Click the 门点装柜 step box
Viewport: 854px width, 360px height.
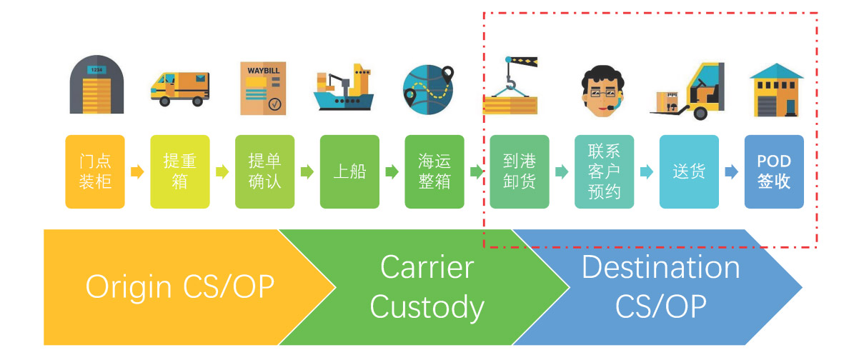95,171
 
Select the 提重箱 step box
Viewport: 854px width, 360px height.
180,171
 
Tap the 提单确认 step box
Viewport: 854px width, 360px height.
264,171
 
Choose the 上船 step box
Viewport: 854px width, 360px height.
349,171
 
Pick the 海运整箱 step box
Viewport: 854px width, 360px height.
435,171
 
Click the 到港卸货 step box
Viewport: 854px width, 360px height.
520,171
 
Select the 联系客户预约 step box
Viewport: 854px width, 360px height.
604,171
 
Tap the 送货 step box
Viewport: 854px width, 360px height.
689,171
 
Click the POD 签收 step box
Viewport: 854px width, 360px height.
774,171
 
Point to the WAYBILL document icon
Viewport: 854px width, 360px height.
264,89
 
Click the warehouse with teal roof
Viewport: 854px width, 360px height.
776,89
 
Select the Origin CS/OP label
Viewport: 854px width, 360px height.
179,286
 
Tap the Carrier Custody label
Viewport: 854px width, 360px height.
427,286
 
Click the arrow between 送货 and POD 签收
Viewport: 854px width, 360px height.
731,171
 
